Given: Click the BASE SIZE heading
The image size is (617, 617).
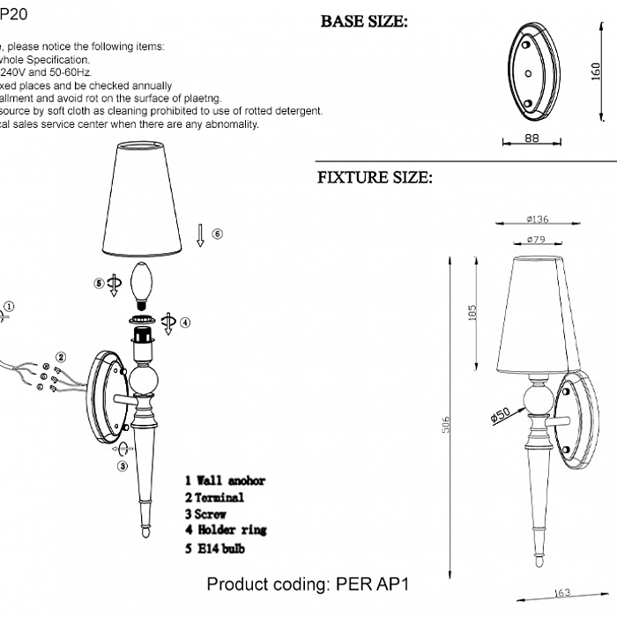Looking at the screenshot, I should [364, 22].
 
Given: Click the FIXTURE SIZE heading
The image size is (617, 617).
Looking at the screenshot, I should [375, 178].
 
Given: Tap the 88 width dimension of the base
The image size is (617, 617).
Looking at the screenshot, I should [531, 138].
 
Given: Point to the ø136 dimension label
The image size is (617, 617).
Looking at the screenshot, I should [538, 220].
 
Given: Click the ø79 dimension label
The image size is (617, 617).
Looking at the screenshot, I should [539, 240].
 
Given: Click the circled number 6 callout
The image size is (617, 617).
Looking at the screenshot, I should [218, 234].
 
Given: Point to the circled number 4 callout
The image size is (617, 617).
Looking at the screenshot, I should [185, 323].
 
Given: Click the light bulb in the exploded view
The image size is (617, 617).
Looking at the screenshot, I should [141, 284].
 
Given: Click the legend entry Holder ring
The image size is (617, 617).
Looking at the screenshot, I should [225, 530].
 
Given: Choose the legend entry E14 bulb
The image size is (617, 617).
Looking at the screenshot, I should [215, 548].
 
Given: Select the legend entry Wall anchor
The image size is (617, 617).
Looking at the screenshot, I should [225, 481].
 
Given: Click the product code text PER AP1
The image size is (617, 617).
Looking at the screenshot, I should [308, 584].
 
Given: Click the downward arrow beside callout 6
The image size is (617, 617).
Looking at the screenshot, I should [200, 234].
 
